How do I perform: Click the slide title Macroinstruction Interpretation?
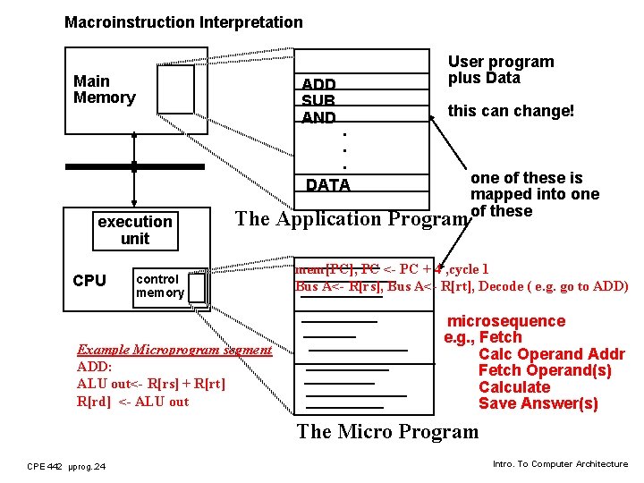183,22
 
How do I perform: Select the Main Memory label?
104,89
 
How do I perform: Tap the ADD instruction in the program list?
318,86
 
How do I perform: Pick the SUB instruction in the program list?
318,102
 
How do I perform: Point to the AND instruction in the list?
318,118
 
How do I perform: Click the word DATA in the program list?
327,185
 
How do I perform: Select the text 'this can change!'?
511,111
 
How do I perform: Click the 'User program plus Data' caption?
500,70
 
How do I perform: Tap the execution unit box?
135,230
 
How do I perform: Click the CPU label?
89,281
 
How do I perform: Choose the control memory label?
160,285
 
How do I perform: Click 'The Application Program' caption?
351,219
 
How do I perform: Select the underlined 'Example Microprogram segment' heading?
174,350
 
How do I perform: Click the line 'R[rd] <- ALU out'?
133,402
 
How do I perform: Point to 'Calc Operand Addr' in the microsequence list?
551,354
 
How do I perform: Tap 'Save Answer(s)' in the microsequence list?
538,403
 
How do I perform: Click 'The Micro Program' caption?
387,432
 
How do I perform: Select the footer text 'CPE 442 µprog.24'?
66,466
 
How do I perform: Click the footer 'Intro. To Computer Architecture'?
560,464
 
